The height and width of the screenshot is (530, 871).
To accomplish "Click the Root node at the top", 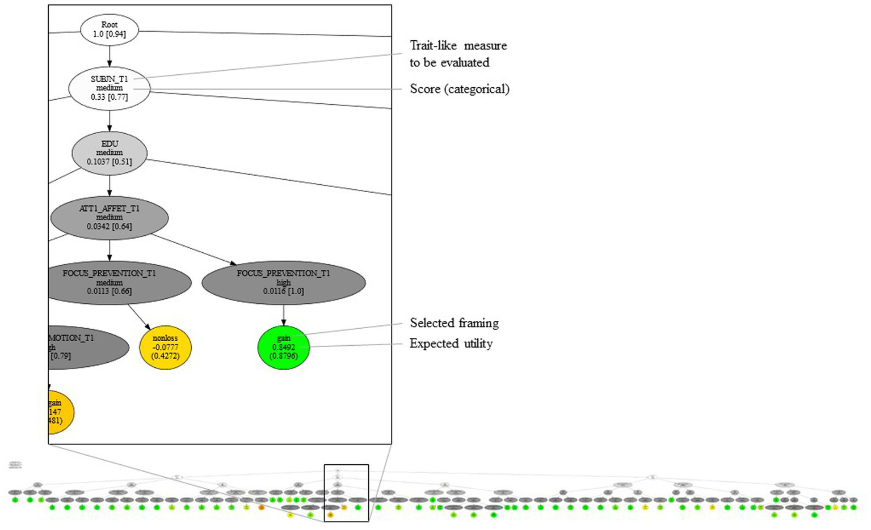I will tap(110, 29).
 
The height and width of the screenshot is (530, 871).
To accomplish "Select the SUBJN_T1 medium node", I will tap(110, 88).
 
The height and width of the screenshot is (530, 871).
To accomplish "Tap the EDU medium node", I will tap(110, 153).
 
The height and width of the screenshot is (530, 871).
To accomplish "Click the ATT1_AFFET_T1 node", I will tap(110, 218).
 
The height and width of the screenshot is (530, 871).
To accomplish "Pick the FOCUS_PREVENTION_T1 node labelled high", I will tap(283, 282).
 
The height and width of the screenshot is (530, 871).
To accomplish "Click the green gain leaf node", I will tap(283, 347).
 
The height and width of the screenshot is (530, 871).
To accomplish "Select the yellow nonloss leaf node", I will tap(165, 347).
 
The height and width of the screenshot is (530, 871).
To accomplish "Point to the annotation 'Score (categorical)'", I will tap(460, 89).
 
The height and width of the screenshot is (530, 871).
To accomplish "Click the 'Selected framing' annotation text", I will tap(454, 323).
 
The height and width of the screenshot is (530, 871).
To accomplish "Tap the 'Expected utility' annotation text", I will tap(451, 344).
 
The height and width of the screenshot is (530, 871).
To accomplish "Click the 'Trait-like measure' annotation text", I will tap(458, 46).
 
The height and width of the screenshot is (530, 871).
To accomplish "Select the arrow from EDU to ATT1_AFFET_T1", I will tap(110, 186).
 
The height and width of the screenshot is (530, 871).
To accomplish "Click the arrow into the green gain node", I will tap(284, 315).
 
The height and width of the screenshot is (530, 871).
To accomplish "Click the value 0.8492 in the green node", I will tap(283, 347).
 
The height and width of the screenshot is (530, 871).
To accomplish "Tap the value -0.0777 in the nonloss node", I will tap(165, 347).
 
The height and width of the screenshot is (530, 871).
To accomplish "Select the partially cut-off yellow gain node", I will tap(60, 412).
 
